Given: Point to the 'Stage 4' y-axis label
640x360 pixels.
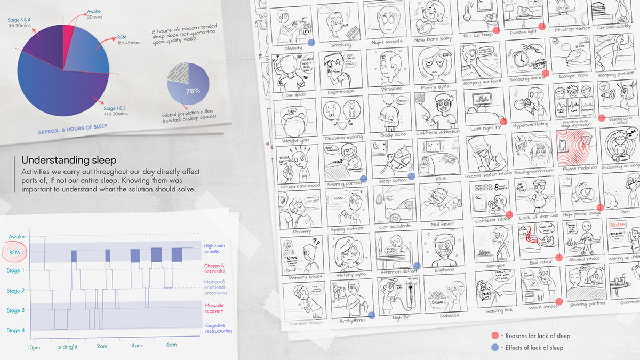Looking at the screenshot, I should point(15,330).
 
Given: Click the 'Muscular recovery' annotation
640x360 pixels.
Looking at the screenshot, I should point(214,308).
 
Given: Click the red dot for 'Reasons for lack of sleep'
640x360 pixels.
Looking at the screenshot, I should point(495,335).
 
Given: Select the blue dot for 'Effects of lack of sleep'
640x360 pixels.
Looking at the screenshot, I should point(495,348).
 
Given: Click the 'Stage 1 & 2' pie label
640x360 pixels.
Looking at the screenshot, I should point(115,110).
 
